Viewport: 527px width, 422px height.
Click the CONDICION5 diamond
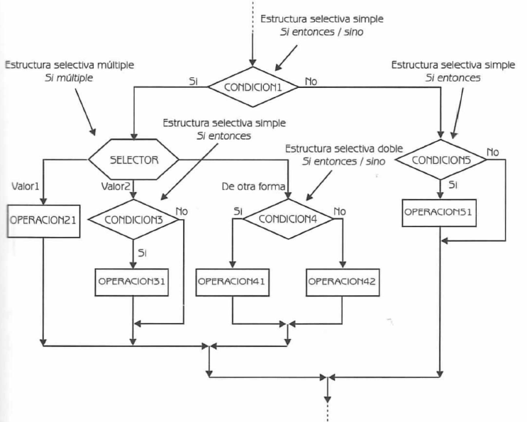coord(440,160)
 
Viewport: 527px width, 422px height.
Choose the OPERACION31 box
coord(133,280)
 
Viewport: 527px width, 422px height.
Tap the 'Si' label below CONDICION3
coord(144,252)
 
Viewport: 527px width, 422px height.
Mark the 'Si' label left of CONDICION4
coord(238,211)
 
